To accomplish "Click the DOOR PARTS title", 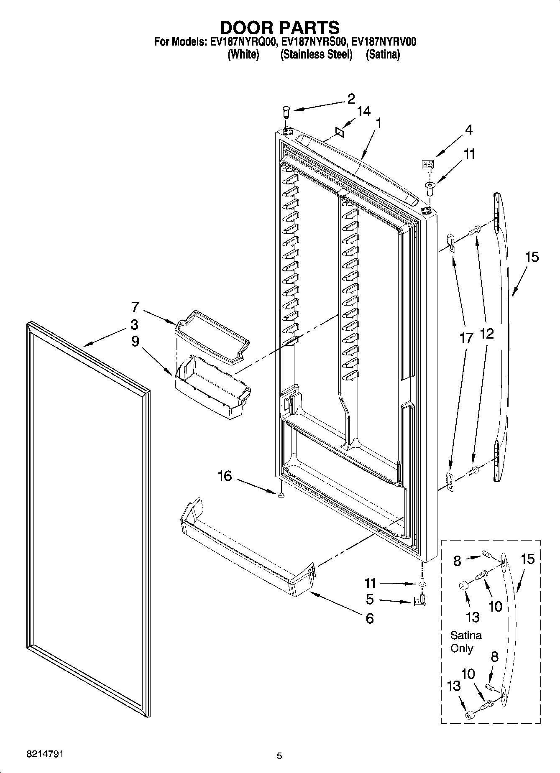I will pyautogui.click(x=279, y=28).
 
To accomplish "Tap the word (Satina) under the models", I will pyautogui.click(x=383, y=54).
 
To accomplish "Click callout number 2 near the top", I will pyautogui.click(x=350, y=99).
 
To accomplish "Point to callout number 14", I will pyautogui.click(x=363, y=112).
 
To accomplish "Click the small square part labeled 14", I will pyautogui.click(x=339, y=132).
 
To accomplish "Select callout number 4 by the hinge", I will pyautogui.click(x=468, y=130).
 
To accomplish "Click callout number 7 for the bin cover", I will pyautogui.click(x=135, y=307).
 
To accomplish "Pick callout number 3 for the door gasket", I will pyautogui.click(x=134, y=324).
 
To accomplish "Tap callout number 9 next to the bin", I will pyautogui.click(x=135, y=342).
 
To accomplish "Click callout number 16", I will pyautogui.click(x=225, y=476).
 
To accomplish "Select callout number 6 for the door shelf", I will pyautogui.click(x=369, y=618).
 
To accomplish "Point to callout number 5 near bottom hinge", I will pyautogui.click(x=369, y=600).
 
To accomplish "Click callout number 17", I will pyautogui.click(x=466, y=338).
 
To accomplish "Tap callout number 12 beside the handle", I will pyautogui.click(x=486, y=334).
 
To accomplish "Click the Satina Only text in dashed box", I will pyautogui.click(x=466, y=642).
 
